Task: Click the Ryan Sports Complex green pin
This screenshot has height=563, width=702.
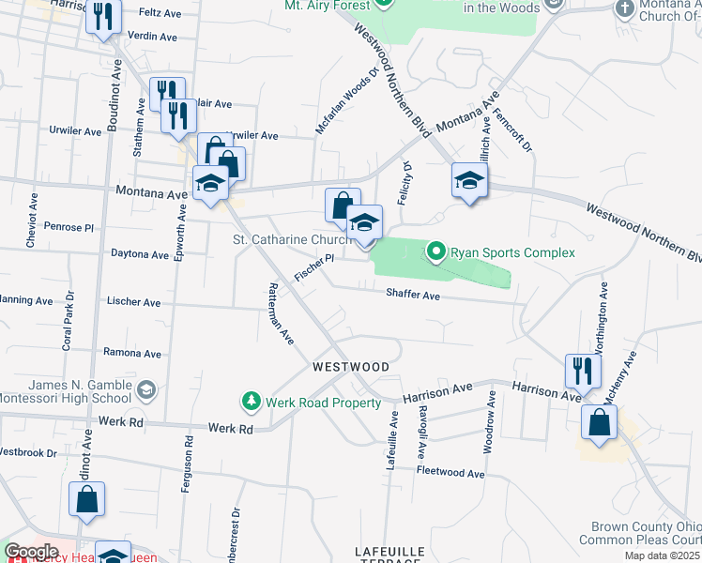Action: (436, 251)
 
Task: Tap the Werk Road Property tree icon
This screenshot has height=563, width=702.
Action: (251, 403)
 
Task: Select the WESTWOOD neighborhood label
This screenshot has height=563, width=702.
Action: (350, 366)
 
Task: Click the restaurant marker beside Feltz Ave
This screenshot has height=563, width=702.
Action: (103, 17)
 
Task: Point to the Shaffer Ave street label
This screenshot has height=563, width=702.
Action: (413, 295)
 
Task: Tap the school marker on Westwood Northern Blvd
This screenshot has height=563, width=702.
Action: (468, 180)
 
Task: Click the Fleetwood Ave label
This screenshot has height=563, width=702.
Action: (450, 473)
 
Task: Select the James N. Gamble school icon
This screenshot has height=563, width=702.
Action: (145, 388)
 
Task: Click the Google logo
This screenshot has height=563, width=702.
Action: (31, 552)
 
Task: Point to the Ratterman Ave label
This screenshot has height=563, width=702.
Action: (276, 312)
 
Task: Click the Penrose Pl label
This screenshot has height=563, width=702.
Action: (69, 227)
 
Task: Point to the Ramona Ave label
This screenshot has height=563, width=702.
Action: (133, 354)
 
